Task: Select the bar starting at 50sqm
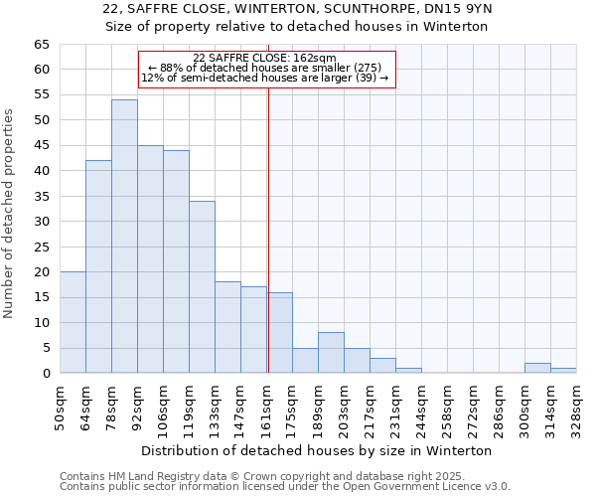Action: coord(73,322)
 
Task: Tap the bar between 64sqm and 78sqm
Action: coord(98,266)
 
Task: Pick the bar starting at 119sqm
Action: coord(202,287)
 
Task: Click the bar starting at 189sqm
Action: coord(331,353)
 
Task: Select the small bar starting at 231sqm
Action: coord(408,371)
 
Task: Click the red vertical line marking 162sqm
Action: coord(268,229)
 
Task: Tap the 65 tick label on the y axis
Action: coord(41,45)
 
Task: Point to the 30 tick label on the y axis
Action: coord(41,222)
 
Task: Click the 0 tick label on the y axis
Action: coord(45,374)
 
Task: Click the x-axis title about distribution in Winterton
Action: coord(317,450)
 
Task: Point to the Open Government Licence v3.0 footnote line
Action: coord(285,487)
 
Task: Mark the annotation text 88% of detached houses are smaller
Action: coord(264,68)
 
